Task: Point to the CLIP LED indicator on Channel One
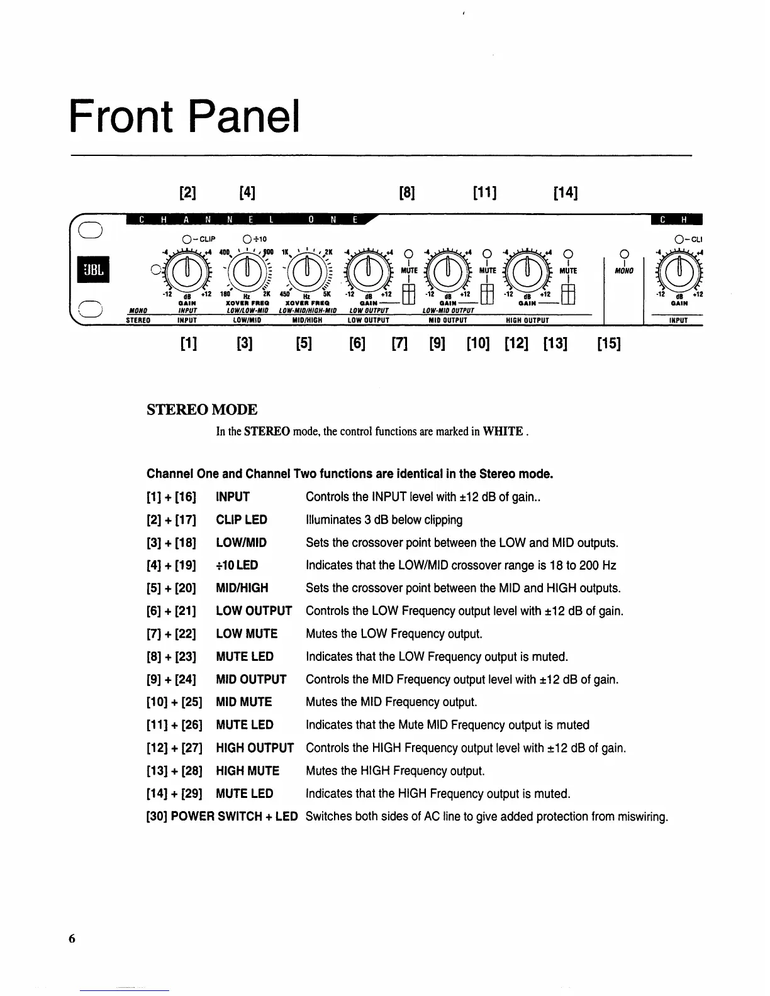(x=186, y=240)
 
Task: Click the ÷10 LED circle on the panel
(x=247, y=240)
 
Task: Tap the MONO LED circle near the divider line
(x=624, y=255)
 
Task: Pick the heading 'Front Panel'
(x=184, y=114)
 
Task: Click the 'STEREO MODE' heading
(x=202, y=410)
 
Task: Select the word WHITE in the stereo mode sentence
(x=503, y=431)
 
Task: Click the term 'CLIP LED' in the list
(x=242, y=520)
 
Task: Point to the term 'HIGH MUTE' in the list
(x=247, y=771)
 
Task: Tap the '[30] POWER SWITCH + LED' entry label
(x=221, y=817)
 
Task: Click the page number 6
(x=72, y=939)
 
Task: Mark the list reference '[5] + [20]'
(x=171, y=589)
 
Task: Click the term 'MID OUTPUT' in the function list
(x=251, y=680)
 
